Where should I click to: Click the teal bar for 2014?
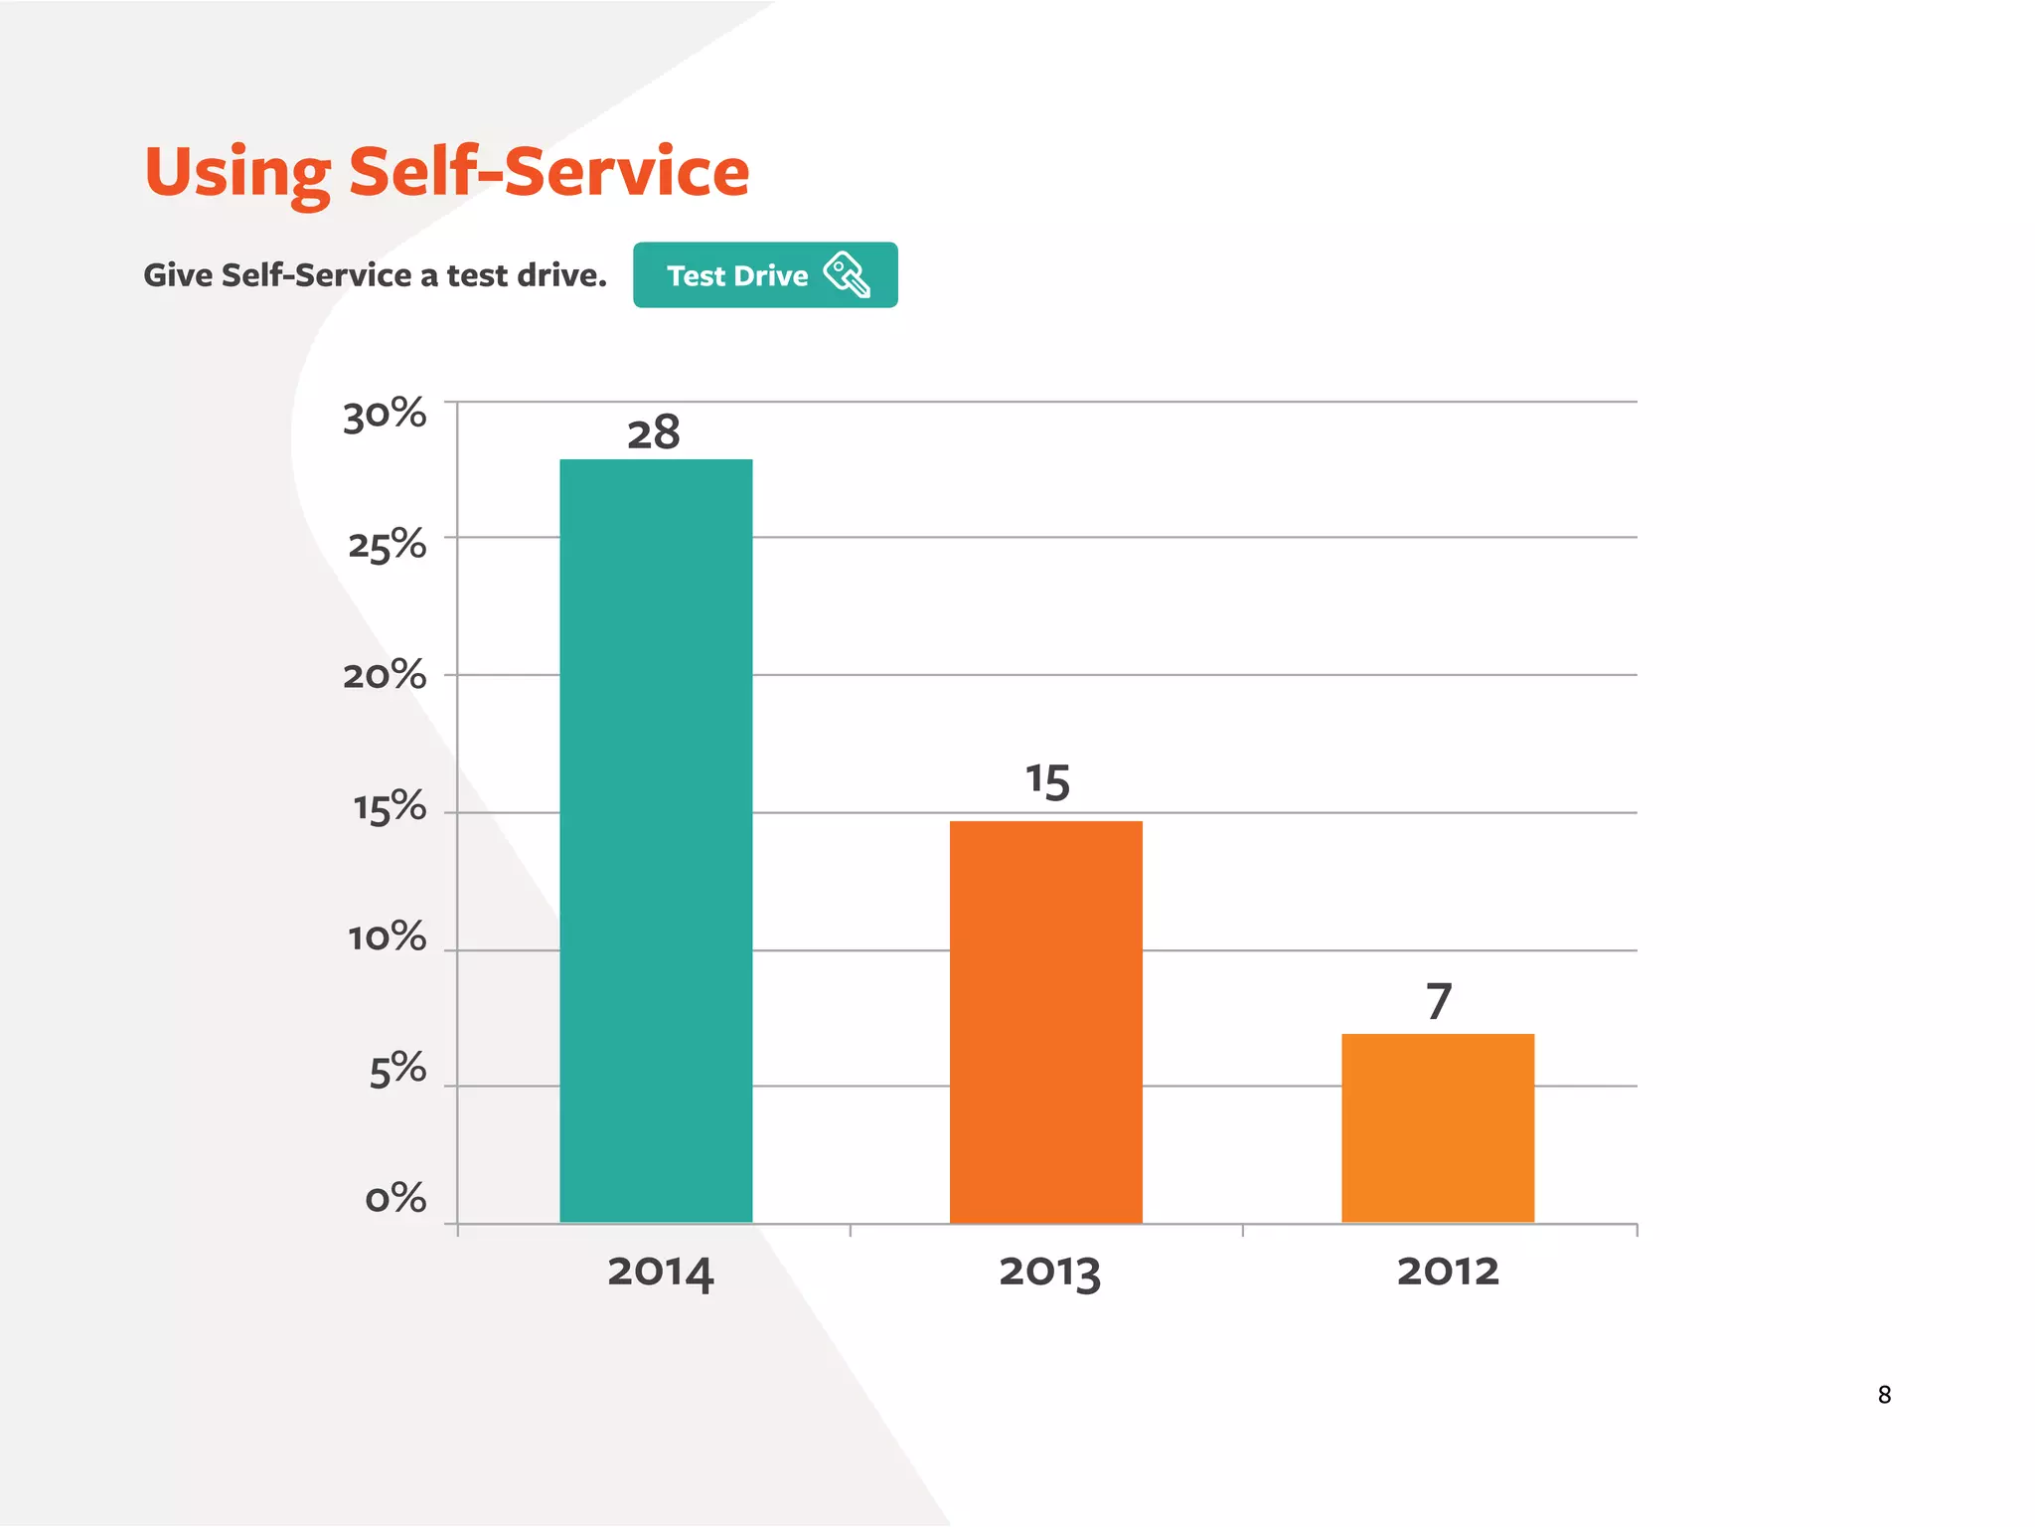point(656,840)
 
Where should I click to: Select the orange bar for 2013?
point(1045,1021)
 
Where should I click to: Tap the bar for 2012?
point(1437,1127)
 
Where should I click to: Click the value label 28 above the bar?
point(653,433)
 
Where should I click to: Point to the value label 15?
point(1047,781)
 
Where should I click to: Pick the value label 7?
point(1439,1001)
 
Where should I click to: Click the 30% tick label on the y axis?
point(385,416)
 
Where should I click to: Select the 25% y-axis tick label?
point(387,546)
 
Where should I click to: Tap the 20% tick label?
point(385,677)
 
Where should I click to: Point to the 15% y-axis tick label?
point(390,808)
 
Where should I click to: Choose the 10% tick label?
point(387,938)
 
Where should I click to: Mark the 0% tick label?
point(395,1199)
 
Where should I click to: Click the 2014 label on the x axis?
point(660,1272)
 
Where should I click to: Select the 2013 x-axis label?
point(1049,1272)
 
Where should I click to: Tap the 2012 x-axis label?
point(1447,1272)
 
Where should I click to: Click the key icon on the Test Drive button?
point(847,274)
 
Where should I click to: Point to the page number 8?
point(1884,1395)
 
